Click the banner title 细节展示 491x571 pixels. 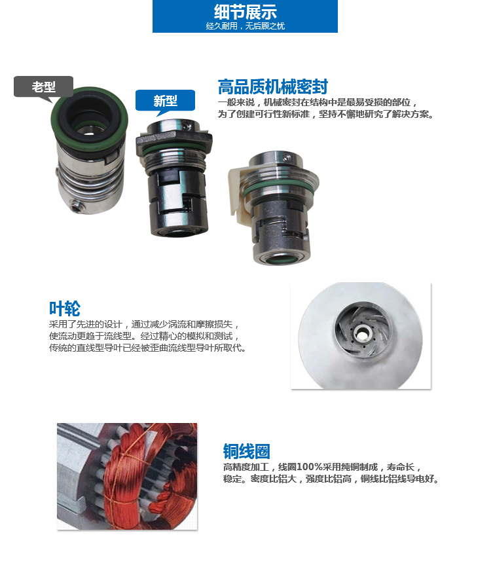point(245,12)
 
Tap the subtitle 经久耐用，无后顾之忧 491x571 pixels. point(245,26)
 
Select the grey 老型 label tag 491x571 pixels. point(43,86)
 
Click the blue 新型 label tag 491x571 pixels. point(165,101)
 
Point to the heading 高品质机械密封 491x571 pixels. point(272,87)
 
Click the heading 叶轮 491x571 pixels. point(64,308)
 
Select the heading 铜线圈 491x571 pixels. point(246,451)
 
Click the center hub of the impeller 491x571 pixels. point(359,331)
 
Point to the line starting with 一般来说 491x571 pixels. point(317,103)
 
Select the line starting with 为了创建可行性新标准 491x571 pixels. point(325,114)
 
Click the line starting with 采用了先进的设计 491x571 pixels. point(145,324)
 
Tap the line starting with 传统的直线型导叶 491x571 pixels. point(147,348)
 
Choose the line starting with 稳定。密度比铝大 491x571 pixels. point(331,479)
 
